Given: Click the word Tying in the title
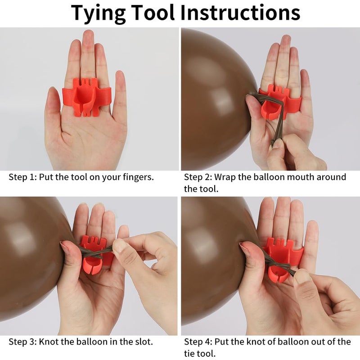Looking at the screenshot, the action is [x=98, y=13].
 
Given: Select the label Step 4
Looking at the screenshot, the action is [x=198, y=342].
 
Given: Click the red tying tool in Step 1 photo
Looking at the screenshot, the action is [x=87, y=97].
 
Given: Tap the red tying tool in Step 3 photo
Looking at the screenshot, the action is [x=94, y=254].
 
